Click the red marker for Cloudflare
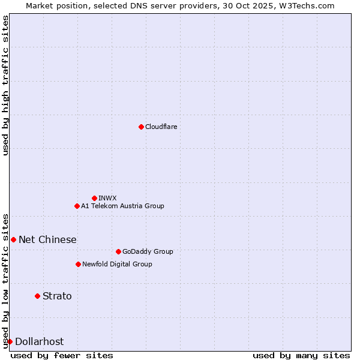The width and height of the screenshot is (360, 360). (141, 127)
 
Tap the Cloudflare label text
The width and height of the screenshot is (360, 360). (161, 127)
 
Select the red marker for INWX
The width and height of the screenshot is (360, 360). (94, 198)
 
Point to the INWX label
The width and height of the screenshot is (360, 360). (107, 198)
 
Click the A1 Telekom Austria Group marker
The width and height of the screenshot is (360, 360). (77, 206)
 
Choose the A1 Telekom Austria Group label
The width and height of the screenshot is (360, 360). (122, 206)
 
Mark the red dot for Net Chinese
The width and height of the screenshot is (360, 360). (13, 239)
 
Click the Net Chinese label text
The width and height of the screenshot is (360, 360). (47, 239)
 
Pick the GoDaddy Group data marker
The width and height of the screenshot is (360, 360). (118, 251)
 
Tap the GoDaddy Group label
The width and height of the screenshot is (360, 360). (147, 251)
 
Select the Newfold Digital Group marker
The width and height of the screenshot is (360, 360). (78, 264)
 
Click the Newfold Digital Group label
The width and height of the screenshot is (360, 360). (117, 264)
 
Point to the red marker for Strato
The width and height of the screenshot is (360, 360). (37, 296)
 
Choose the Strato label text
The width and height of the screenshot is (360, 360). (57, 296)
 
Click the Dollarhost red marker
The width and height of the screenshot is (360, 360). (10, 341)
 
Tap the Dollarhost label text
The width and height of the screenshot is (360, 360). (39, 341)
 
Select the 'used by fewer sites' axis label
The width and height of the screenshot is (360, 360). (62, 355)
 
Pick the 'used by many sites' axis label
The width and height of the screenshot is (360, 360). (301, 355)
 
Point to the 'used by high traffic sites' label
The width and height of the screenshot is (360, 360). (6, 85)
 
